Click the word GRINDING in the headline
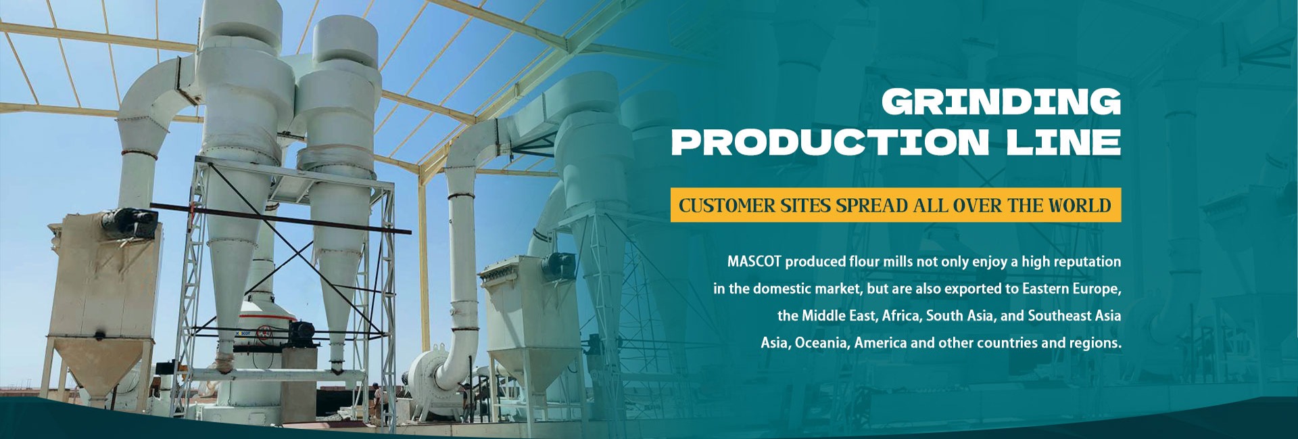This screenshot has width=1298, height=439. (1001, 102)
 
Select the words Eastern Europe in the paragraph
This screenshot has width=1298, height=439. (1072, 289)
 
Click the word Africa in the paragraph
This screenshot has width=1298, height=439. (902, 316)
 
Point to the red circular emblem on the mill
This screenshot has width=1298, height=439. (266, 333)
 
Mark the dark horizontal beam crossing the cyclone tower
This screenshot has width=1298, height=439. (281, 218)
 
